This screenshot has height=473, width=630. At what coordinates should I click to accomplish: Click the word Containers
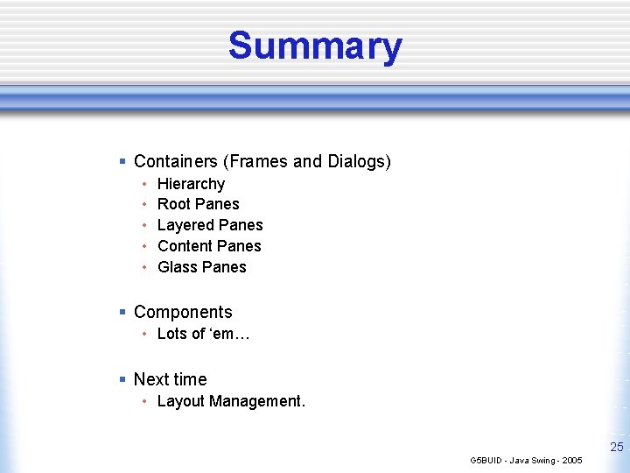click(x=176, y=162)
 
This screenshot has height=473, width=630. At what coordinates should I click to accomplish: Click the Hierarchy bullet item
click(x=191, y=184)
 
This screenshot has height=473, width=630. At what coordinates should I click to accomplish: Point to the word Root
click(x=173, y=204)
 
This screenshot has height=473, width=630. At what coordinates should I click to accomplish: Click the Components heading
click(x=183, y=313)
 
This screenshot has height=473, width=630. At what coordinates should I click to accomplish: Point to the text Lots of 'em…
click(x=204, y=334)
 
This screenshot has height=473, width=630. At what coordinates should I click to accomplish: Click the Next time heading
click(x=170, y=379)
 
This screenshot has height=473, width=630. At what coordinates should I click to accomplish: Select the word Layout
click(x=180, y=401)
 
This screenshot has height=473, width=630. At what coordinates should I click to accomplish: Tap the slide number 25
click(x=616, y=448)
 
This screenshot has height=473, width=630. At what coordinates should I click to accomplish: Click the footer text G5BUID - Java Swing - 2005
click(x=526, y=460)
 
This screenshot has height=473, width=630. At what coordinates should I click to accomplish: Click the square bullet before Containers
click(x=122, y=162)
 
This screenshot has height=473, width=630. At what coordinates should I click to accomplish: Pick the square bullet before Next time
click(x=122, y=379)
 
